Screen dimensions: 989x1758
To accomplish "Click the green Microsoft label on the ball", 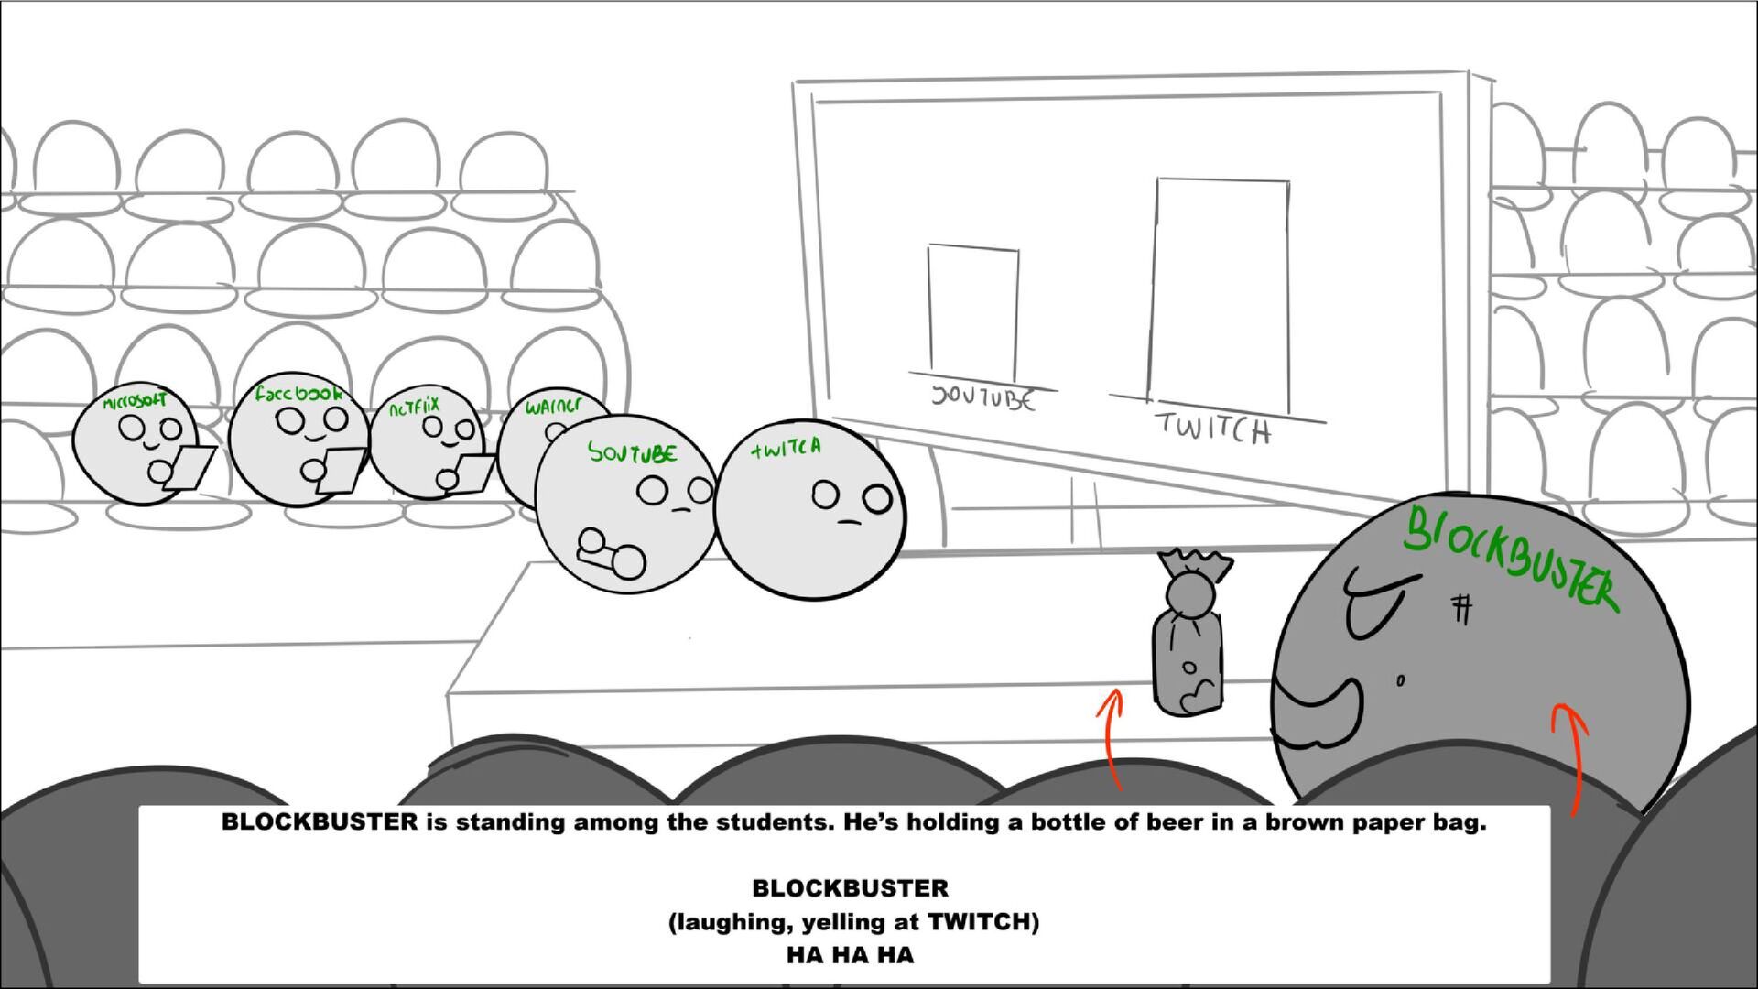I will (x=135, y=401).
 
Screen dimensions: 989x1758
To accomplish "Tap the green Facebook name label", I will (x=298, y=394).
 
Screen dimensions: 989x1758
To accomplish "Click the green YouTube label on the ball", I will (x=633, y=452).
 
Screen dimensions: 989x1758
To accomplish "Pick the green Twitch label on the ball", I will (x=786, y=448).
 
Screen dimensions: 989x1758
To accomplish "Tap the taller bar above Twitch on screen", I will (x=1220, y=293).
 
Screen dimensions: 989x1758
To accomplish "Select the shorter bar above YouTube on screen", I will (x=972, y=311).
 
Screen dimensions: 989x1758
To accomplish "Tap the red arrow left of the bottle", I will (x=1112, y=737).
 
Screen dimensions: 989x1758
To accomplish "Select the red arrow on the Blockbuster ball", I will (x=1569, y=755).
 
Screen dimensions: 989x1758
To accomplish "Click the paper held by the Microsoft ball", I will (x=191, y=466).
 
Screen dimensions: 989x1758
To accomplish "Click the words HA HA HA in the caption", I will (x=850, y=955).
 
